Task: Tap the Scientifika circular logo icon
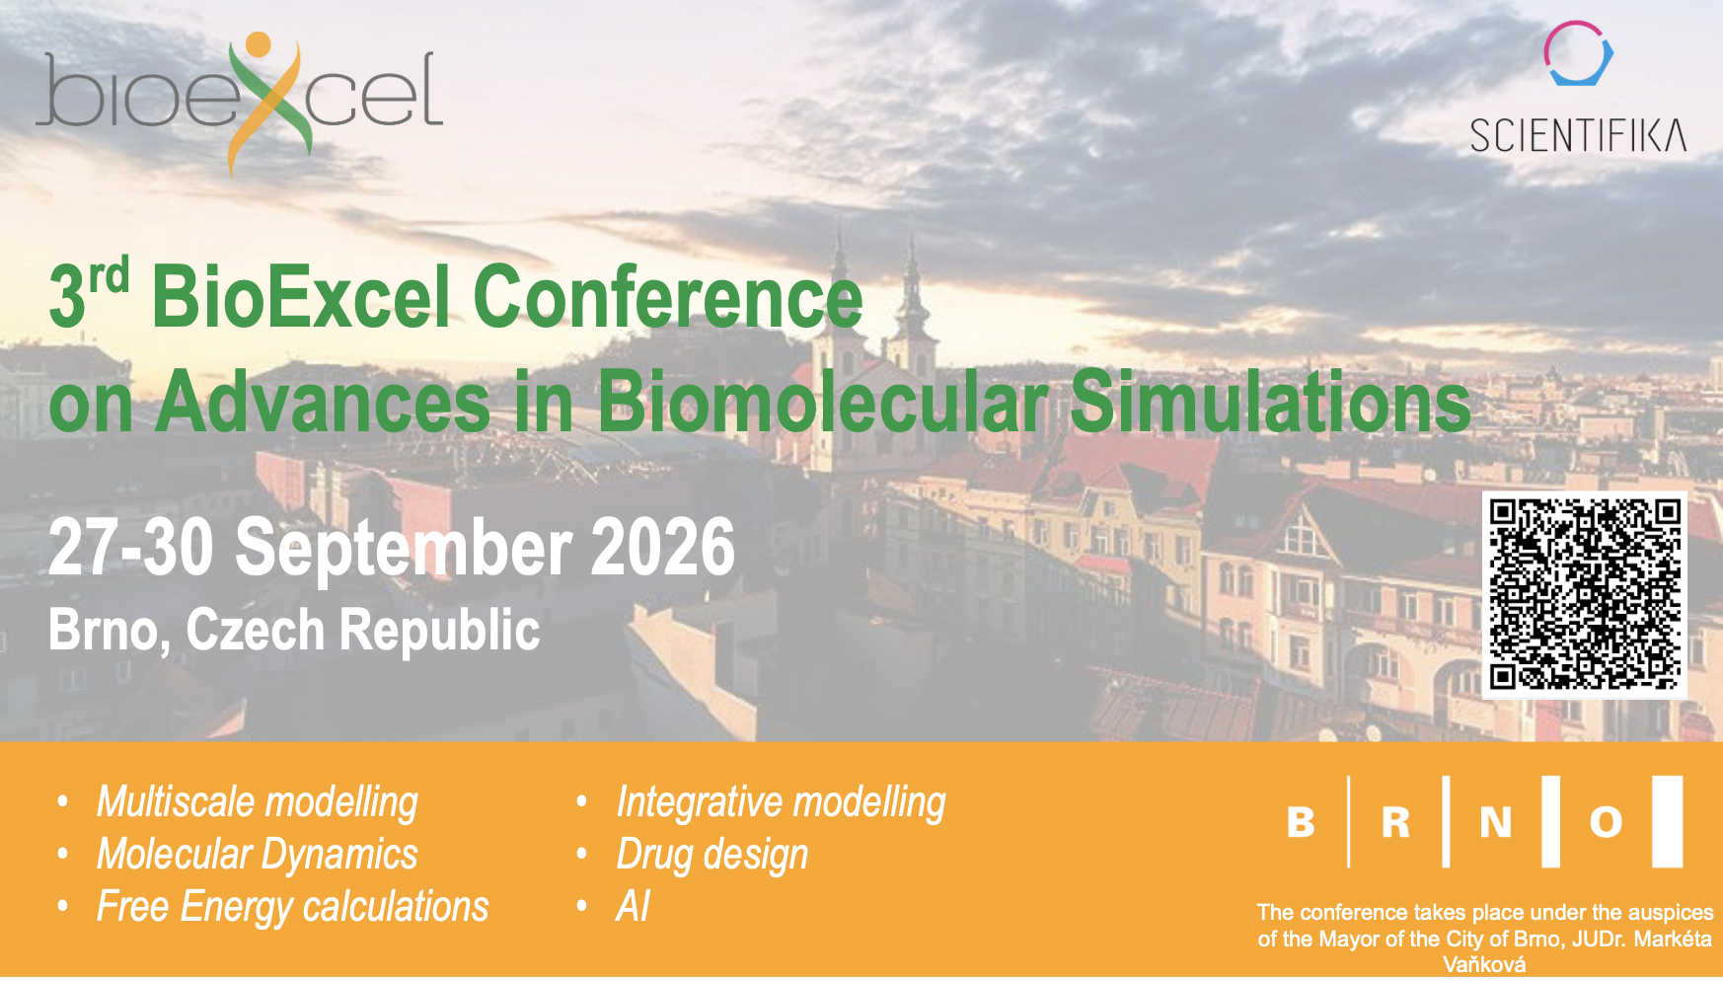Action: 1578,53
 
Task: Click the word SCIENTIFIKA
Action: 1578,136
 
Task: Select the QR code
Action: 1585,594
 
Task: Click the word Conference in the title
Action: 668,297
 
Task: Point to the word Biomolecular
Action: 826,402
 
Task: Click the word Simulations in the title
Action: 1270,402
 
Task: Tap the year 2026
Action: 662,547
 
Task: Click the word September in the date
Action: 403,550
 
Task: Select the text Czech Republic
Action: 363,631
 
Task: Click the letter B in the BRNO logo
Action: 1301,822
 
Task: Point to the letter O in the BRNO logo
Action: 1606,822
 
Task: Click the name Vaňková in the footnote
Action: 1484,965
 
